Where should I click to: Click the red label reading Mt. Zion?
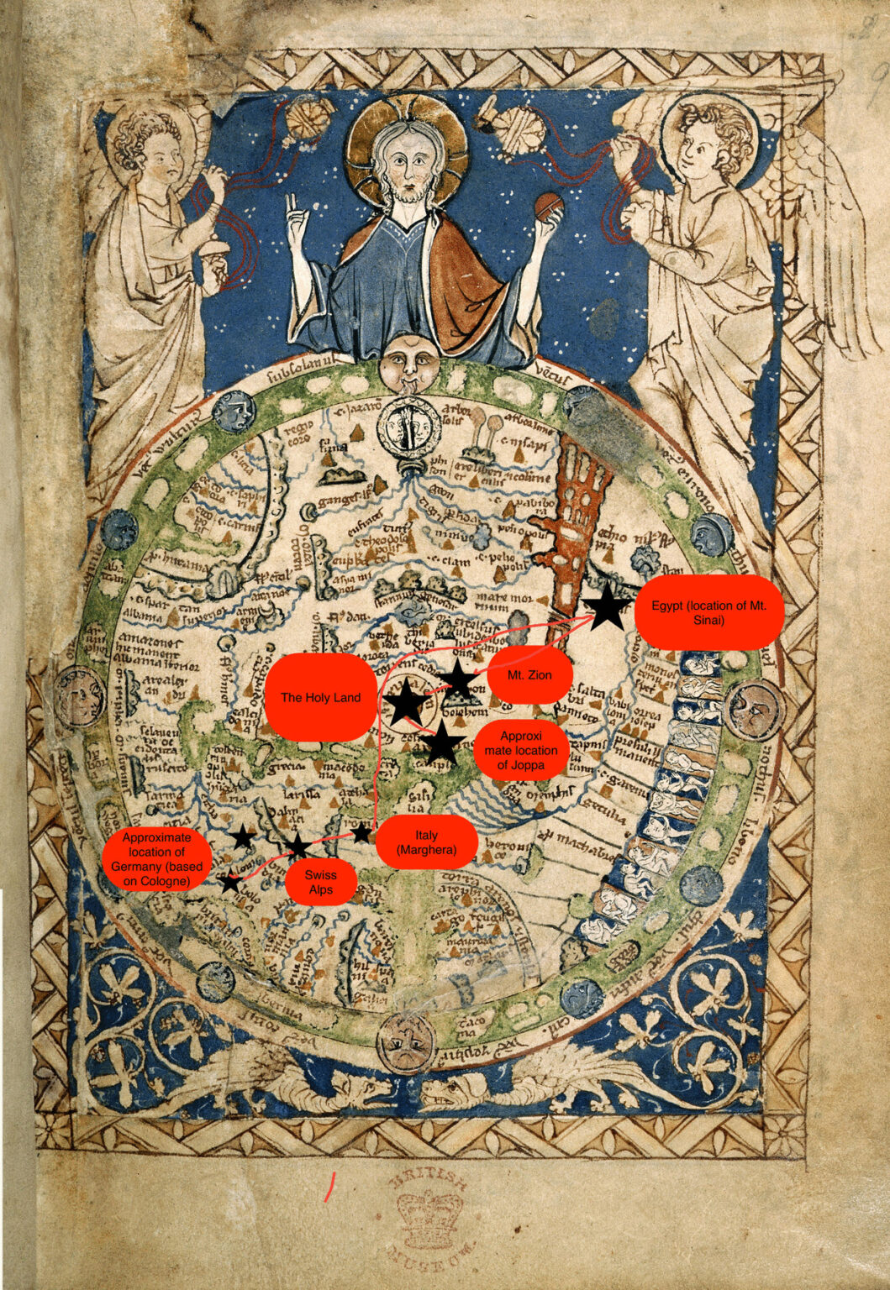click(x=529, y=674)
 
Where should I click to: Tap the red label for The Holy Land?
click(x=320, y=697)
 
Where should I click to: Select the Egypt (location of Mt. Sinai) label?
click(x=708, y=612)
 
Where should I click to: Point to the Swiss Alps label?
click(x=320, y=882)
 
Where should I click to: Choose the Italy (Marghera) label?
click(x=426, y=842)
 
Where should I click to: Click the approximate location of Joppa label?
click(x=520, y=750)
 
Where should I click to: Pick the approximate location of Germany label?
click(x=156, y=858)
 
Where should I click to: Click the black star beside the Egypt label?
click(x=607, y=607)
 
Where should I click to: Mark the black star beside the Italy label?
click(x=361, y=833)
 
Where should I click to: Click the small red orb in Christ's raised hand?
click(x=548, y=205)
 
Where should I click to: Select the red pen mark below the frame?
click(x=330, y=1186)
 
